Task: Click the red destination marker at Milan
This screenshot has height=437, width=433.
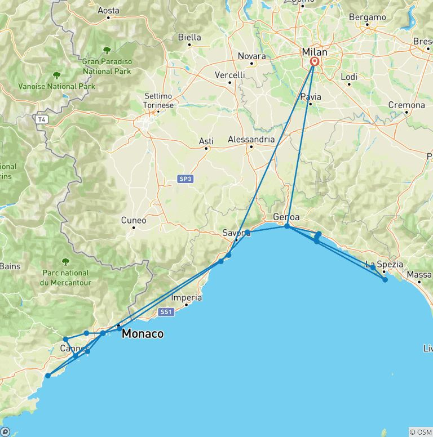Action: pos(314,63)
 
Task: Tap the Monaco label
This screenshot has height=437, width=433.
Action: pos(143,333)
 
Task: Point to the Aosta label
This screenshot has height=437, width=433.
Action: pos(109,10)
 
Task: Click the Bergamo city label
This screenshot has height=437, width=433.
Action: pos(367,17)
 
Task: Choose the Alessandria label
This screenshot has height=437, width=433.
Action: pos(251,140)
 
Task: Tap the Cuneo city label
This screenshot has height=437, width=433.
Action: pos(134,220)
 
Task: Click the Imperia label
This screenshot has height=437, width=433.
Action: pos(186,297)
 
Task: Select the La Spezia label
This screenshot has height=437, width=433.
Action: pos(384,264)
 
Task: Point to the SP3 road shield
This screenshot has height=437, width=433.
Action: pos(185,179)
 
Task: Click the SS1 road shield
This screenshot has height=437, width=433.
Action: pos(165,311)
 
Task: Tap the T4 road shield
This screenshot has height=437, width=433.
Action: pos(41,119)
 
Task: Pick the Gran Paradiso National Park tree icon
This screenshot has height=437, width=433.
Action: pos(107,51)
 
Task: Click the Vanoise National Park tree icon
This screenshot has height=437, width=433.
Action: pos(56,75)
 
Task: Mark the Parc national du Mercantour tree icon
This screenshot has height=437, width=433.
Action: pos(65,261)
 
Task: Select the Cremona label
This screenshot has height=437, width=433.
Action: pos(407,105)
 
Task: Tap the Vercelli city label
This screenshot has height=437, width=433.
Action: pos(230,75)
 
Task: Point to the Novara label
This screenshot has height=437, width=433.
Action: pos(251,56)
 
